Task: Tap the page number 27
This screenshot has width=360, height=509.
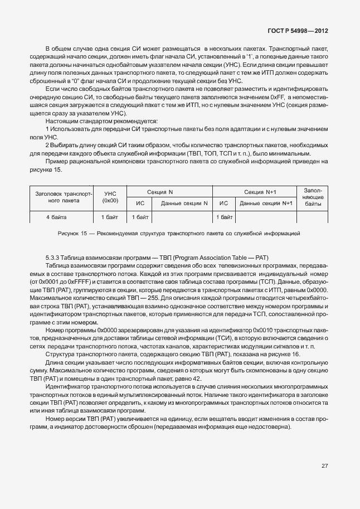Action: (324, 466)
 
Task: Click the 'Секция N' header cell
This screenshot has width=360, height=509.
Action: (171, 191)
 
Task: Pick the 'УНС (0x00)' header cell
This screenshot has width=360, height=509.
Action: (111, 197)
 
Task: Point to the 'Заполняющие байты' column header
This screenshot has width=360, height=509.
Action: (313, 197)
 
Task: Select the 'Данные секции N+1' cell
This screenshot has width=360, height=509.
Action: (265, 203)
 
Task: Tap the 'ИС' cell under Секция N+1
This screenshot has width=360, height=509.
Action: (224, 203)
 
